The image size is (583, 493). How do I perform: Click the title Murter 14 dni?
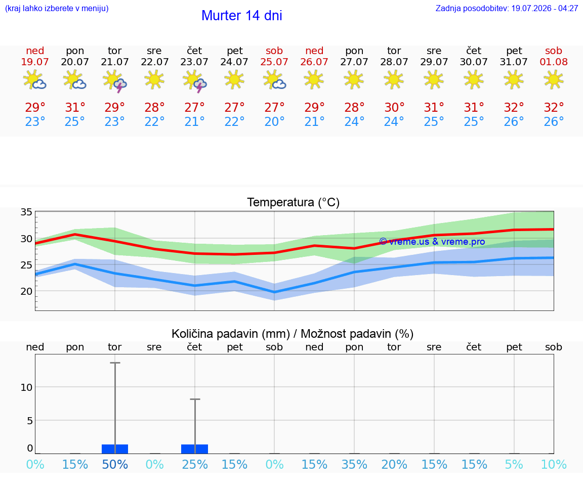pos(242,16)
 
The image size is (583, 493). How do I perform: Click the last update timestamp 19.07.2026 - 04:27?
pos(545,8)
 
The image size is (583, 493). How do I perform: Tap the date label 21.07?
pos(114,62)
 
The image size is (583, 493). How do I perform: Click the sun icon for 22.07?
pos(154,79)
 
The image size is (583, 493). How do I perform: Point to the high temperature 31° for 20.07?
pos(75,107)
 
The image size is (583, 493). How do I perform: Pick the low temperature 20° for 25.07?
pos(274,121)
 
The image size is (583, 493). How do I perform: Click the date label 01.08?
pos(554,62)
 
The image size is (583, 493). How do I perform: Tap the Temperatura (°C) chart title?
pos(294,202)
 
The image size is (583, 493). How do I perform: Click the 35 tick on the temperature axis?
pos(26,212)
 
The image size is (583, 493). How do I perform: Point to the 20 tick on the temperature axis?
pos(26,291)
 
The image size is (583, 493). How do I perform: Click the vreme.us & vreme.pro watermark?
pos(432,242)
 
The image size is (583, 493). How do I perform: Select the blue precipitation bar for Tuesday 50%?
pos(115,449)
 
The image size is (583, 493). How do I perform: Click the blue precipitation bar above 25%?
pos(194,449)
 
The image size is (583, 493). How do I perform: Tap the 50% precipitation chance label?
pos(115,464)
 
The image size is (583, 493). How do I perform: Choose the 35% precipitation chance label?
pos(354,464)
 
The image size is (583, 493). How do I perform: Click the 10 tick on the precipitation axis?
pos(26,387)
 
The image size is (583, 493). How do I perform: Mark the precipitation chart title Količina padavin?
pos(231,334)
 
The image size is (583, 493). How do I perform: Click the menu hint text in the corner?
pos(57,8)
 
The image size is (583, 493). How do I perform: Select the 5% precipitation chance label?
pos(514,464)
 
